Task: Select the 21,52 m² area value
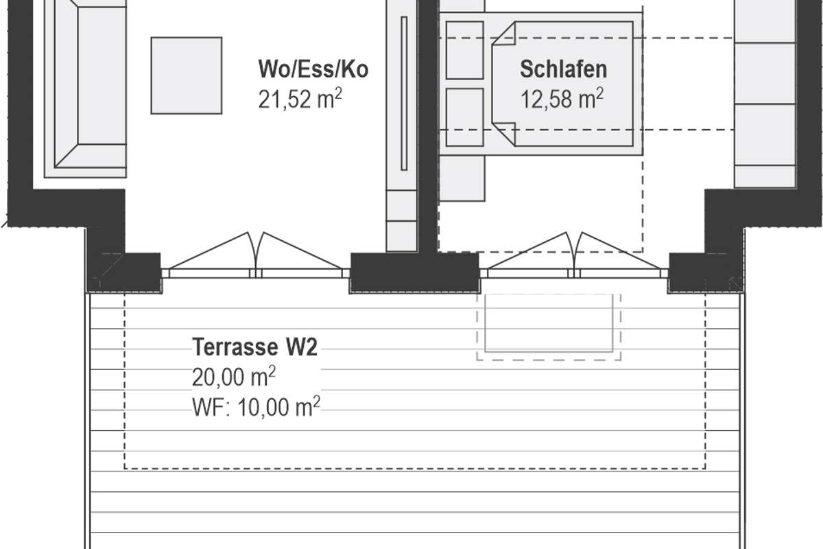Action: pos(300,101)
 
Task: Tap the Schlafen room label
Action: pos(563,69)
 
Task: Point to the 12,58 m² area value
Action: pos(562,100)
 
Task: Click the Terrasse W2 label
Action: pos(254,347)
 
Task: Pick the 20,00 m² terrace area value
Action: pos(234,377)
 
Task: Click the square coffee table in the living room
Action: pos(187,75)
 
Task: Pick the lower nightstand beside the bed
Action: pos(465,117)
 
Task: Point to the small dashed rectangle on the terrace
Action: pos(549,327)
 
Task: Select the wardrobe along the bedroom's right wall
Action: pos(764,96)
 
